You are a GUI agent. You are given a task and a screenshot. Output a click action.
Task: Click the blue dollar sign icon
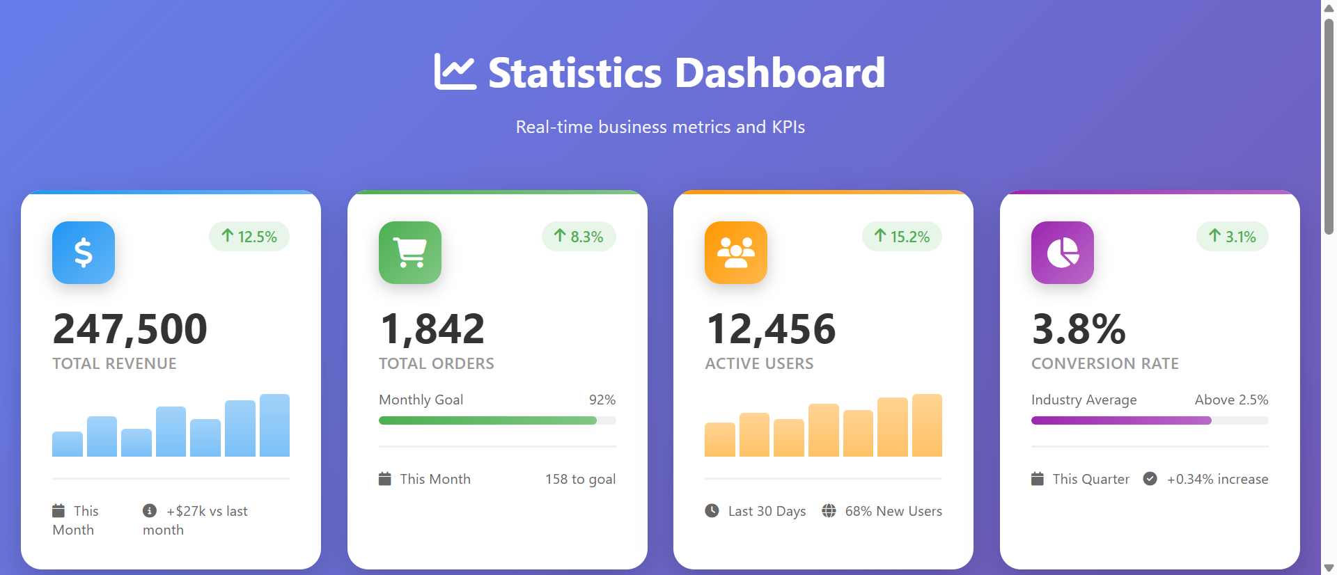click(x=84, y=253)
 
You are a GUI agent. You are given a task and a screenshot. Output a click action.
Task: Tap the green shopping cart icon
click(x=410, y=253)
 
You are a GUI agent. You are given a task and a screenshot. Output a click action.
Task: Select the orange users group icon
click(x=736, y=253)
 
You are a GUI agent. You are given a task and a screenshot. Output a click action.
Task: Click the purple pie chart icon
click(x=1063, y=253)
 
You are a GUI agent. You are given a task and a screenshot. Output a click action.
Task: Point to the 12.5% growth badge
click(x=249, y=237)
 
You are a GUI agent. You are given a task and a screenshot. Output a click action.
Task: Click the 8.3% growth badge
click(x=579, y=237)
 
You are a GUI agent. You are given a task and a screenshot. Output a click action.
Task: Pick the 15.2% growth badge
click(x=902, y=237)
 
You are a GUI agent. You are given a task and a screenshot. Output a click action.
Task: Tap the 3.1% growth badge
click(x=1233, y=237)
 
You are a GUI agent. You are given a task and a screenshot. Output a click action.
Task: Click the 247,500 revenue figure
click(x=130, y=329)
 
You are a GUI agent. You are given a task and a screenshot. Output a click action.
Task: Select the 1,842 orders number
click(x=432, y=329)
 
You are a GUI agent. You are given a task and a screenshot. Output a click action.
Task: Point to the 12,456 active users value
click(x=771, y=329)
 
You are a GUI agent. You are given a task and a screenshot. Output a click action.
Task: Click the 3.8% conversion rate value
click(x=1079, y=329)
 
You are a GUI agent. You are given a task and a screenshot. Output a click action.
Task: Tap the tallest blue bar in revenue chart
click(x=274, y=425)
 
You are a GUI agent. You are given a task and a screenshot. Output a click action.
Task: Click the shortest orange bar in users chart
click(x=720, y=439)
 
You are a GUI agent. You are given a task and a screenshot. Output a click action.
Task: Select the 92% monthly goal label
click(x=602, y=400)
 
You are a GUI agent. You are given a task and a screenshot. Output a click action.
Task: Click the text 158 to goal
click(x=580, y=479)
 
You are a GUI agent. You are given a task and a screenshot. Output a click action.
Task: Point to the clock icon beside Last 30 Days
click(x=712, y=511)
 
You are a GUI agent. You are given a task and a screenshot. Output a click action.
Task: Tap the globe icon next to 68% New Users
click(x=829, y=511)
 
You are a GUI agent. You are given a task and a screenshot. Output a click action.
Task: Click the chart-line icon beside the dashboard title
click(x=455, y=72)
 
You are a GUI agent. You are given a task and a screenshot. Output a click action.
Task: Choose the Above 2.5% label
click(x=1231, y=400)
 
